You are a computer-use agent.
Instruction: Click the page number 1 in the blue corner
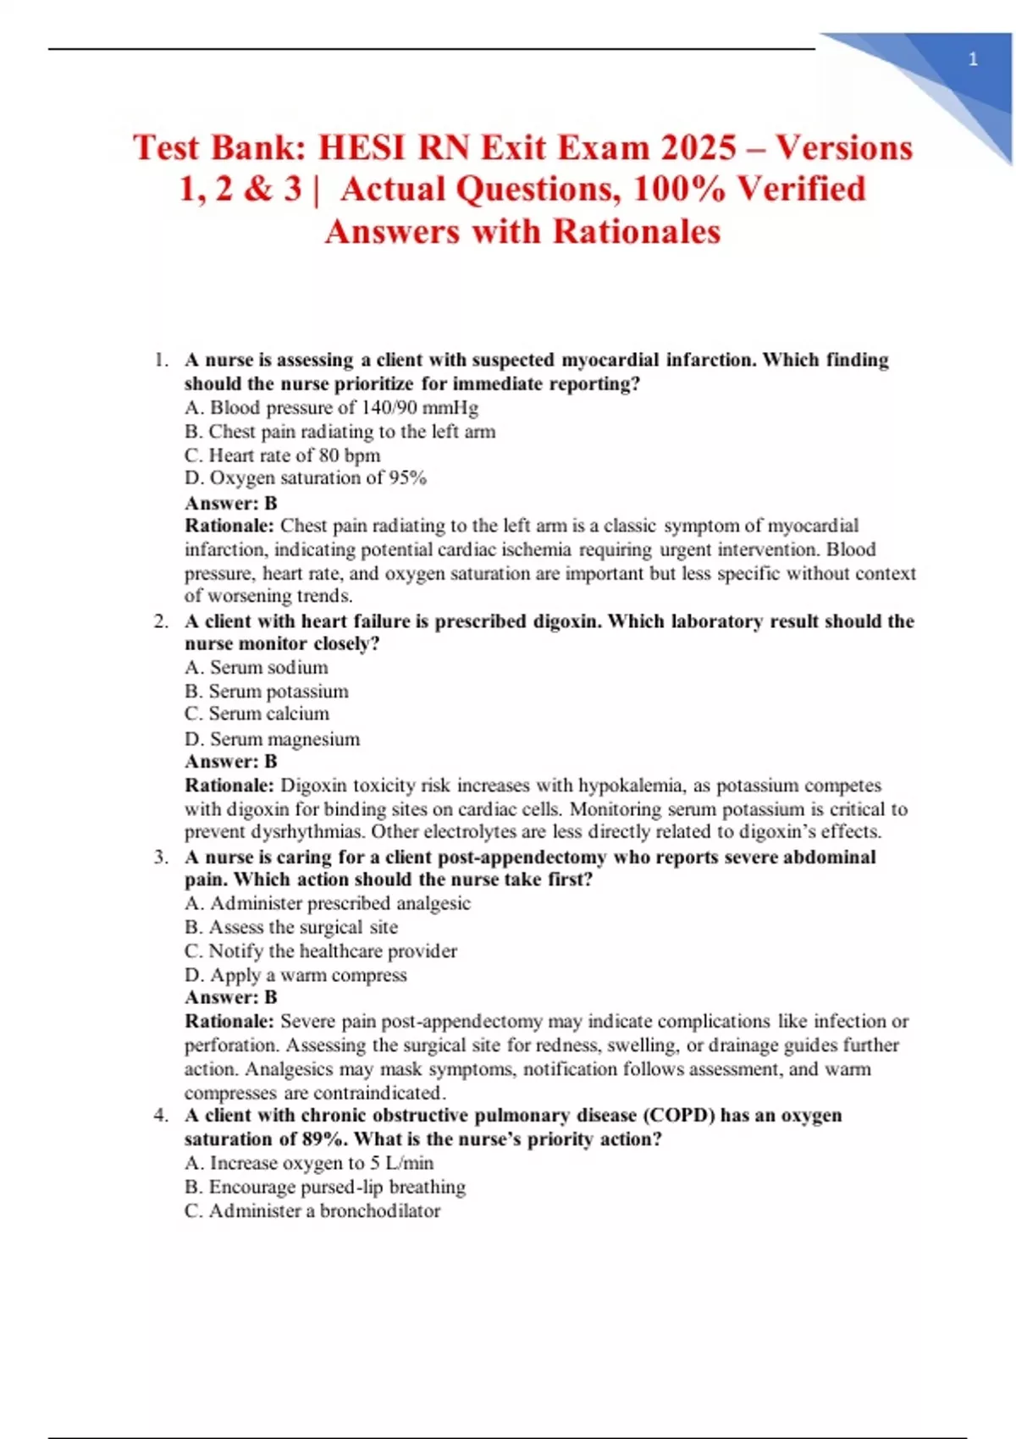[x=973, y=60]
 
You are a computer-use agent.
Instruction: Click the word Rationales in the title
[x=637, y=232]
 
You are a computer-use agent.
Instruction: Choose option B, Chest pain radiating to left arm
[x=340, y=432]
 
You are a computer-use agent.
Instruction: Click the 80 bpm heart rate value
[x=350, y=455]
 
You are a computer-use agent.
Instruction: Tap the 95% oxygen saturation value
[x=407, y=478]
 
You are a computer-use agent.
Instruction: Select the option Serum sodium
[x=257, y=668]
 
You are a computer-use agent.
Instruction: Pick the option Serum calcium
[x=257, y=714]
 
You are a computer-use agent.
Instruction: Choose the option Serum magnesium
[x=272, y=739]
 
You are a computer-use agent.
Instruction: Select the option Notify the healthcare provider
[x=321, y=951]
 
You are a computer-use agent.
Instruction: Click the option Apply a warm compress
[x=295, y=975]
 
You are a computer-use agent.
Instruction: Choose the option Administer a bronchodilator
[x=312, y=1211]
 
